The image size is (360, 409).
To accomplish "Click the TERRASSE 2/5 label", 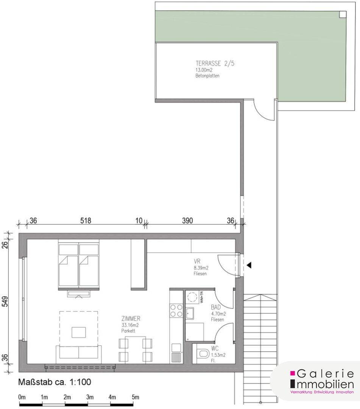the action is [x=215, y=63].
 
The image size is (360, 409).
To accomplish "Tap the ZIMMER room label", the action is [x=131, y=318].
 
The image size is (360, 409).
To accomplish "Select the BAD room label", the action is [x=216, y=307].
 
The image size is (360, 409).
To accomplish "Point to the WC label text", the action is [x=215, y=348].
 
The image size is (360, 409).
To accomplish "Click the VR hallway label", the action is [x=197, y=261].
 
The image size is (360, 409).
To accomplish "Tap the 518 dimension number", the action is [x=86, y=221].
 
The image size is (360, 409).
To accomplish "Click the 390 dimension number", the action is [x=187, y=221].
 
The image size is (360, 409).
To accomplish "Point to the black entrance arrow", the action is [x=249, y=265].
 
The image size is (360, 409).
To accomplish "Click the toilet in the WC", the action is [x=204, y=354].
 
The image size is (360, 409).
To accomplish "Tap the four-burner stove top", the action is [x=176, y=311].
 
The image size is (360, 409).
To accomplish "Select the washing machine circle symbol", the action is [x=192, y=297].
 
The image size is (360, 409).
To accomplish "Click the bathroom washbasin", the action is [x=189, y=313].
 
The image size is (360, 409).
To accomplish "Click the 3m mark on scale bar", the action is [x=90, y=397].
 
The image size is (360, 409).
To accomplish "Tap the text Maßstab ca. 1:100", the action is [x=55, y=382].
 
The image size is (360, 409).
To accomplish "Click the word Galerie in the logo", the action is [x=325, y=374].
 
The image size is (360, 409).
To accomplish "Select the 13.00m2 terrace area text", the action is [x=204, y=70].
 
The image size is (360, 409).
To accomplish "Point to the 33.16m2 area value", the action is [x=130, y=325].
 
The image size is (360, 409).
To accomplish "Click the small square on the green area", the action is [x=343, y=14].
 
